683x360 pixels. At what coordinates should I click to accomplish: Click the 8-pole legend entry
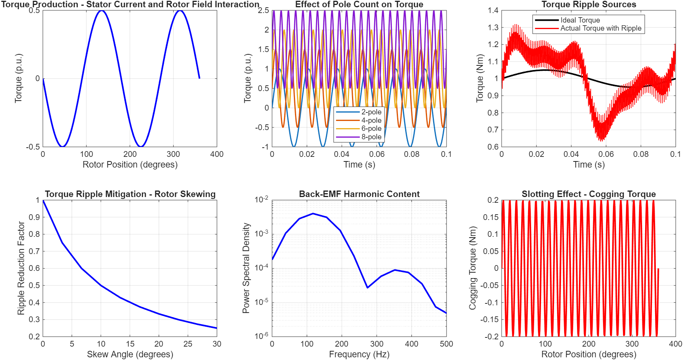(x=371, y=137)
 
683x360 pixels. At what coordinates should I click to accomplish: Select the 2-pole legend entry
(x=371, y=112)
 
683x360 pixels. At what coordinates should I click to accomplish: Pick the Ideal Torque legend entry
(x=580, y=20)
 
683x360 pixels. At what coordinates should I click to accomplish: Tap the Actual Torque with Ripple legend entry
(x=601, y=28)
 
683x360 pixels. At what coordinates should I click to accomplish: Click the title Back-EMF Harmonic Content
(x=359, y=194)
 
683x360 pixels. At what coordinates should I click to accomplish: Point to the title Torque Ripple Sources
(x=588, y=5)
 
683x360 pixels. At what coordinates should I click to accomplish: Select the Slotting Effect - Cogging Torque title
(x=588, y=194)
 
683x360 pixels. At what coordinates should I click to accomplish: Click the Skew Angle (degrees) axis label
(x=130, y=354)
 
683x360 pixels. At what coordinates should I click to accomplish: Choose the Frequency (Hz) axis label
(x=359, y=354)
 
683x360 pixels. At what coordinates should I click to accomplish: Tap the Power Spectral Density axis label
(x=246, y=268)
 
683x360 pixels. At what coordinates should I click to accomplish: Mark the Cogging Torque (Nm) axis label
(x=473, y=268)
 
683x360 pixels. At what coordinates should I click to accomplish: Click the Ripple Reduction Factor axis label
(x=21, y=268)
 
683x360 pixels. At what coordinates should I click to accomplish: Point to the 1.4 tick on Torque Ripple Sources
(x=493, y=10)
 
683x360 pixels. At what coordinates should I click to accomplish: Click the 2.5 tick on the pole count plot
(x=264, y=10)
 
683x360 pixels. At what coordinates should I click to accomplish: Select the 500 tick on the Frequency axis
(x=447, y=344)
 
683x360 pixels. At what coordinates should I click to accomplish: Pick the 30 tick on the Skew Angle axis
(x=217, y=344)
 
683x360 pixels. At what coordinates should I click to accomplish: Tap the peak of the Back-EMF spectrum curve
(x=313, y=213)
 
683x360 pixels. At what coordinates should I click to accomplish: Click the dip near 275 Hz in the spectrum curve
(x=367, y=287)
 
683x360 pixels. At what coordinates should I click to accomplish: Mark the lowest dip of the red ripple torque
(x=602, y=140)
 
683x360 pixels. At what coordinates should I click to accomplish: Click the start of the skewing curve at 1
(x=43, y=200)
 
